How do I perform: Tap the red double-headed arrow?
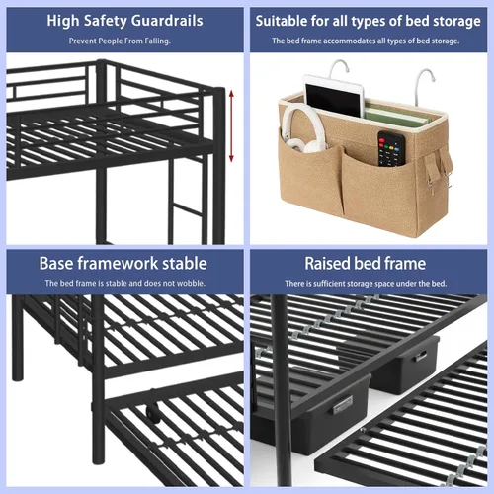(231, 126)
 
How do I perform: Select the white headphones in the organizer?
(302, 128)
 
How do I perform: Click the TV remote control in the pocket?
(391, 149)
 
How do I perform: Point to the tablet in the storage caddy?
(334, 96)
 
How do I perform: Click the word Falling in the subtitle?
(157, 41)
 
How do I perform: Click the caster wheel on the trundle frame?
(153, 413)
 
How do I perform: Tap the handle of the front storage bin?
(343, 404)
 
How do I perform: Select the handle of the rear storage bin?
(421, 356)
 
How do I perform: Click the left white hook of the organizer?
(339, 68)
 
